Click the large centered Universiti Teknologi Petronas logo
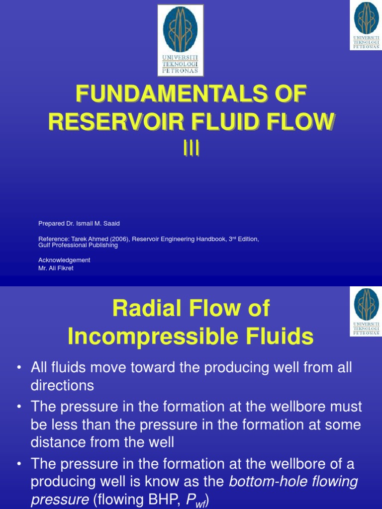click(x=180, y=40)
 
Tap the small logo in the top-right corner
click(x=366, y=24)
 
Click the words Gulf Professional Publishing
click(x=78, y=245)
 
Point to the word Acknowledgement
click(x=64, y=260)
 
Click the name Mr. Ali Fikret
click(x=56, y=268)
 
